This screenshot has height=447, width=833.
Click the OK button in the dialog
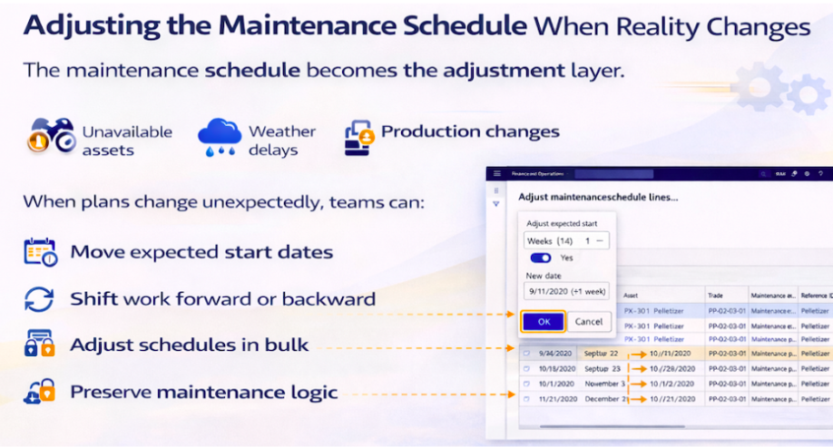pos(544,321)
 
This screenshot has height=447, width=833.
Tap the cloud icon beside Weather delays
pos(219,138)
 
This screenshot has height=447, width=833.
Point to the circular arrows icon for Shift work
pos(40,299)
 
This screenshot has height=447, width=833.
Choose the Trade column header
pos(717,295)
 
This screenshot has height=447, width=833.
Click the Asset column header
pos(632,295)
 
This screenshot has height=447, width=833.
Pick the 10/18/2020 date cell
pos(554,368)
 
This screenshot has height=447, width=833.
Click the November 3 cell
pos(603,383)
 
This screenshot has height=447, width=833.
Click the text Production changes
pos(470,131)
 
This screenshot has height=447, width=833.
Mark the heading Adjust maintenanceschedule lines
pos(598,196)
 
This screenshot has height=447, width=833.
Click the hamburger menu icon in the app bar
pos(496,173)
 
